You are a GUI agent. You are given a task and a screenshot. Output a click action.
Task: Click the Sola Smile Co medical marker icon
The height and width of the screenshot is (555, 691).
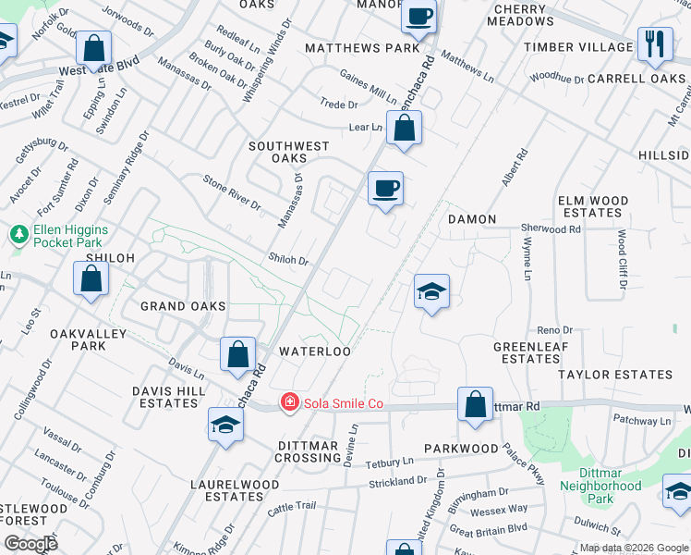click(290, 402)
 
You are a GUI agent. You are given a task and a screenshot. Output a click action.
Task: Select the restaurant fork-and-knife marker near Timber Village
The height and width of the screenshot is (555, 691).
click(654, 44)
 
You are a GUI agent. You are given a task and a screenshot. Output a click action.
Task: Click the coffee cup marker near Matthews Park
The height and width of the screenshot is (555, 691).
click(418, 17)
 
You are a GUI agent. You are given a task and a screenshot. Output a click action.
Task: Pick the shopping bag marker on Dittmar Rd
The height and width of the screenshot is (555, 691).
click(475, 404)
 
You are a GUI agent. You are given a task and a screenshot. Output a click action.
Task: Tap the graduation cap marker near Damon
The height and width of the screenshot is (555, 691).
click(431, 292)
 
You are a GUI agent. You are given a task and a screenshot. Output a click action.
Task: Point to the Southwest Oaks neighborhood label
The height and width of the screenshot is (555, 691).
click(289, 153)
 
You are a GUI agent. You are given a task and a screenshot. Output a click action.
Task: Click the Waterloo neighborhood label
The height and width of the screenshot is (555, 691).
click(315, 351)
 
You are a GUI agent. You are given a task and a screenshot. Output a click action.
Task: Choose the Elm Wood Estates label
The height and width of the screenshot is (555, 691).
click(592, 206)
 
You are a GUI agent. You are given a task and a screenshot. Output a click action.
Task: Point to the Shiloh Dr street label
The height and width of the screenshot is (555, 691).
click(287, 260)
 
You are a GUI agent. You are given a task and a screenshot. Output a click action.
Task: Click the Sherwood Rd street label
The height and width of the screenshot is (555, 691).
click(552, 228)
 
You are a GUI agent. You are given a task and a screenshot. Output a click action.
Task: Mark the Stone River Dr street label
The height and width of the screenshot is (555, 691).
click(232, 191)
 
